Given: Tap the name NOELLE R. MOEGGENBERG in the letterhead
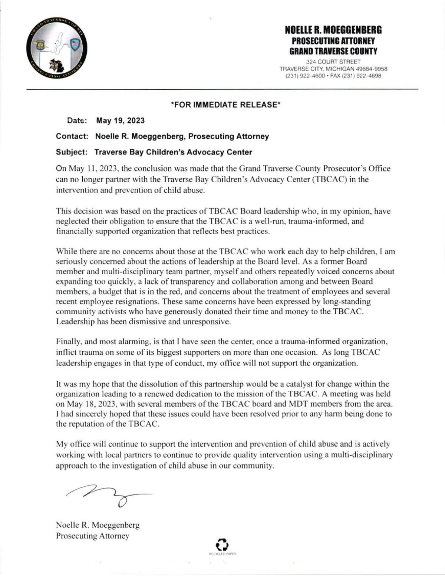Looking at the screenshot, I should coord(333,30).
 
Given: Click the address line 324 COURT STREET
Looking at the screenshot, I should coord(333,62).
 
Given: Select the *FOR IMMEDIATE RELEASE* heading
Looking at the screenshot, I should coord(225,105).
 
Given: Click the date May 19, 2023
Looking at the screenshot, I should coord(120,120).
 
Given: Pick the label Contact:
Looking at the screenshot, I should coord(72,136).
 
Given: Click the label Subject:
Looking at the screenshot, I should coord(72,152).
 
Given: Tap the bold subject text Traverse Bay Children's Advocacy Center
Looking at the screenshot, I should coord(173,152).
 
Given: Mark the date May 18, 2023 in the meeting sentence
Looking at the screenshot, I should coord(92,404).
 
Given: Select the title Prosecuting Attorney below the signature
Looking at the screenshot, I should coord(92,536).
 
